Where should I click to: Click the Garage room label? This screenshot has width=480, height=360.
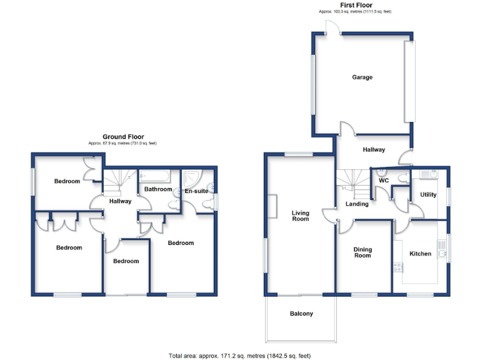tap(362, 77)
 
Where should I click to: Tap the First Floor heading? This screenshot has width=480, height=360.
tap(356, 5)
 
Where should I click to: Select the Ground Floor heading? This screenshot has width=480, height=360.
tap(123, 137)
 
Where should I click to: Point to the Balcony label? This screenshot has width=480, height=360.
tap(301, 314)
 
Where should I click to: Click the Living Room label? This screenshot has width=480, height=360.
tap(301, 216)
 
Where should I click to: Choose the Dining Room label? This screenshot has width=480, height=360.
tap(362, 252)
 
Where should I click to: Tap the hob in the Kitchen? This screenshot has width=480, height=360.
tap(397, 267)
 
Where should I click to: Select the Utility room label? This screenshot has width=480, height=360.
tap(428, 195)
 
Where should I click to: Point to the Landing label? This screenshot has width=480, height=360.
tap(357, 204)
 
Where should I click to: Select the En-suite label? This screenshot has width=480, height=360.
tap(196, 191)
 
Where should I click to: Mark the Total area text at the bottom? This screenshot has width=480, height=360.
tap(239, 355)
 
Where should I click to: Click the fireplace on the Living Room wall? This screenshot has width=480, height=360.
tap(273, 206)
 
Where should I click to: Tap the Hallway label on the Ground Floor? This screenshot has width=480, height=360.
tap(120, 201)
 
